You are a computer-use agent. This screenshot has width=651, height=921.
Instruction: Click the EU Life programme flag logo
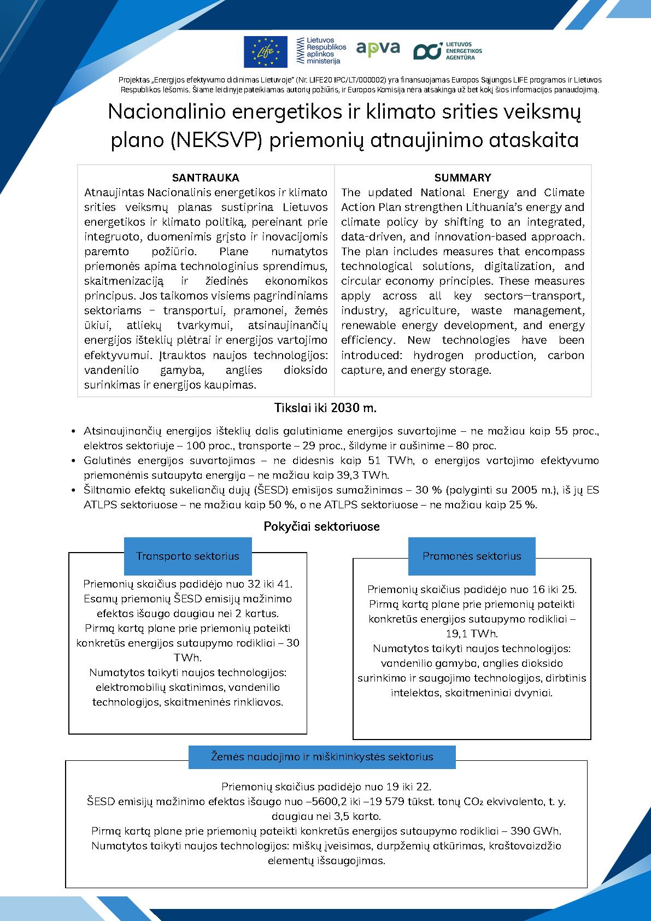(x=265, y=52)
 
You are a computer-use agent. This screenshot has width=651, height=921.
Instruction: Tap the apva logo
(x=378, y=50)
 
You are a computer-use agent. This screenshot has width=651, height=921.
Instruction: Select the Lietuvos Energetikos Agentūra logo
(x=448, y=51)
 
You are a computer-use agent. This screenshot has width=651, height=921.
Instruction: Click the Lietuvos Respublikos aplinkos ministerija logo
(x=321, y=51)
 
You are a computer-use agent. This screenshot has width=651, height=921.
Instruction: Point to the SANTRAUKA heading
(x=206, y=178)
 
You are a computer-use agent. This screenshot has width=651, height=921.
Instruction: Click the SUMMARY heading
(x=462, y=178)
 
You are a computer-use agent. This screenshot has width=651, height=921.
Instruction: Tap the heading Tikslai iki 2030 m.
(x=325, y=408)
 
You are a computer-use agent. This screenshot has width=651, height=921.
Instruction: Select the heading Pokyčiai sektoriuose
(x=321, y=526)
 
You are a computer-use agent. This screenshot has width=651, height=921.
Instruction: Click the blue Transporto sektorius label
(x=187, y=556)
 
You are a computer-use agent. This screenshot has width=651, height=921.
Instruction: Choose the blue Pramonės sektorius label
(x=472, y=556)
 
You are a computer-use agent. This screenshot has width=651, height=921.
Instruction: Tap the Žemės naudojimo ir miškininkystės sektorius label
(x=322, y=757)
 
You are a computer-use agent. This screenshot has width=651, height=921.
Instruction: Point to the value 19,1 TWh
(x=472, y=633)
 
